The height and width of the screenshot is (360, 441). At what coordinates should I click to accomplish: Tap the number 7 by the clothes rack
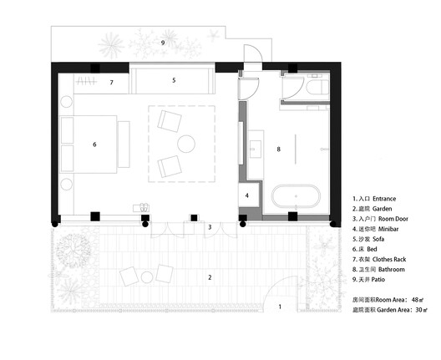(x=111, y=83)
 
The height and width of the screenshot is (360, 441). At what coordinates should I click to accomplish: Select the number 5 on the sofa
(x=174, y=80)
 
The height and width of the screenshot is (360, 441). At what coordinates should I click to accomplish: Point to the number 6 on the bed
(x=94, y=145)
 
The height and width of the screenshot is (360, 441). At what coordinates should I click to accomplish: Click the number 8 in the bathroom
(x=279, y=150)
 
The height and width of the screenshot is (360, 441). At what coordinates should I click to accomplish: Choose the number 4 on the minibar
(x=247, y=195)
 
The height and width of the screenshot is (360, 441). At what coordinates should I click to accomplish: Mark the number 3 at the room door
(x=210, y=226)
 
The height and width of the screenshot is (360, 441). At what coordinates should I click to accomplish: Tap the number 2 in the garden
(x=210, y=276)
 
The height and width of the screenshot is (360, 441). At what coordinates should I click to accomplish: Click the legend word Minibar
(x=393, y=226)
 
